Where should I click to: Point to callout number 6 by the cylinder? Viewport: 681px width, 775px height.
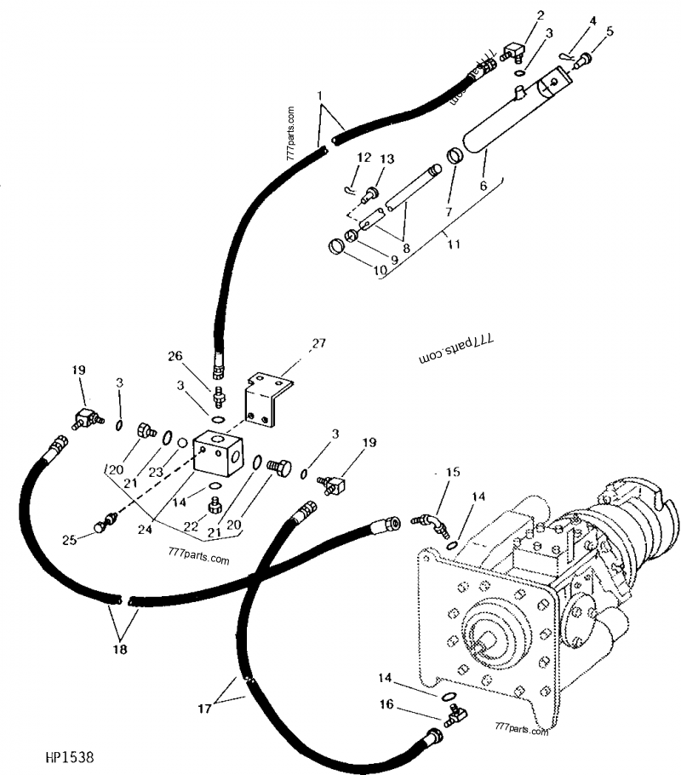pos(483,184)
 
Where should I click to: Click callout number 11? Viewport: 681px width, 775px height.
pos(454,244)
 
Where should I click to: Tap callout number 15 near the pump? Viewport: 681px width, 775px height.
pos(452,472)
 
